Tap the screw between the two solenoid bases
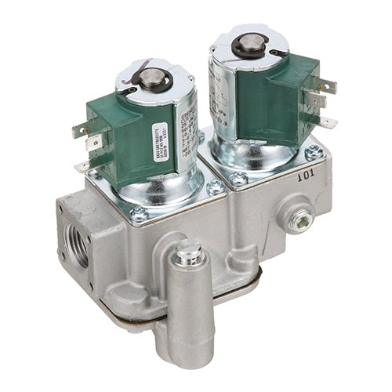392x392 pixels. [214, 187]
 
